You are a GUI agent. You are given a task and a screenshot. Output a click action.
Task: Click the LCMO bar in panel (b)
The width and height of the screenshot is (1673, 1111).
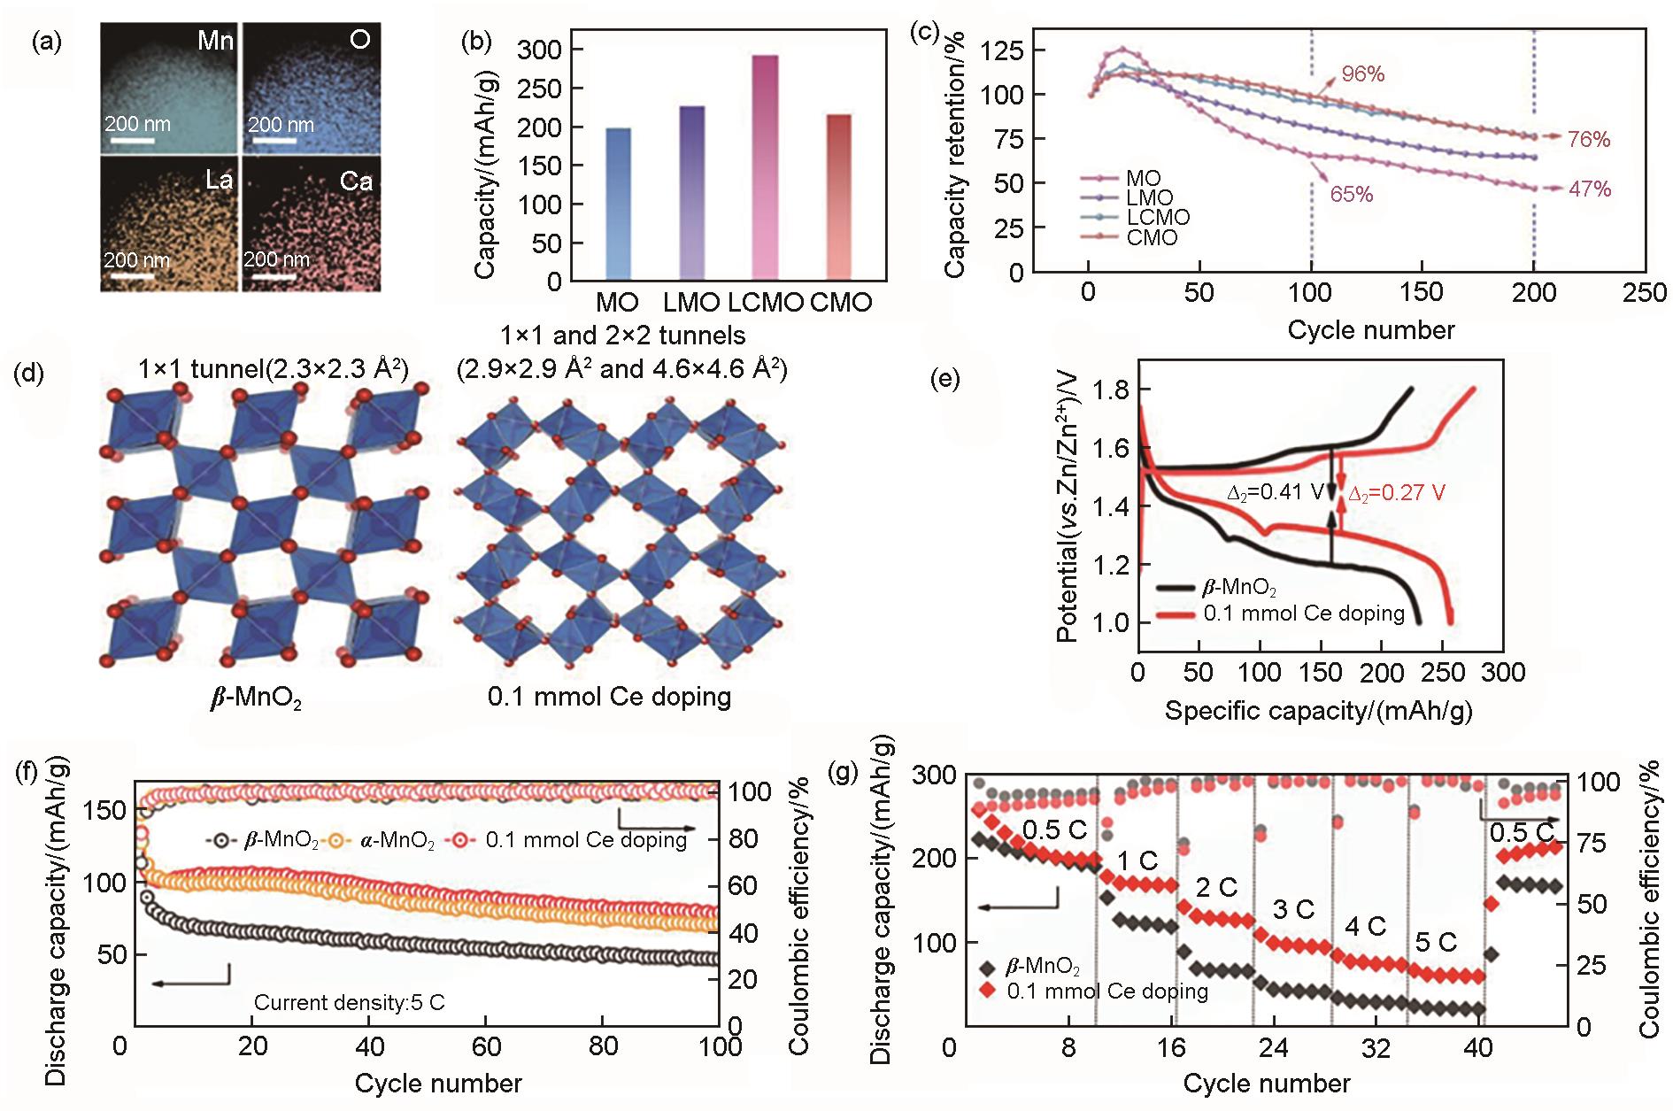[x=765, y=168]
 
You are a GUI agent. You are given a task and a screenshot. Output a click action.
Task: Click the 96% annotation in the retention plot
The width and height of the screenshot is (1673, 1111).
[x=1362, y=74]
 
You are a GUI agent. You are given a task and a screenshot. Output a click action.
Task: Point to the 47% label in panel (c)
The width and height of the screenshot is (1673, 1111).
[x=1590, y=189]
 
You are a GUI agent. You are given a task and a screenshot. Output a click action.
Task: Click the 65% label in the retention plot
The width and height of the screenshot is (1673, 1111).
[x=1351, y=195]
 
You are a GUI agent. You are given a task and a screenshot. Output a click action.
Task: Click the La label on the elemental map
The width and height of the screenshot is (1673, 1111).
[x=219, y=181]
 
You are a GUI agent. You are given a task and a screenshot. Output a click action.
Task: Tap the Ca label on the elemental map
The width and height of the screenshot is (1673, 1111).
[x=356, y=182]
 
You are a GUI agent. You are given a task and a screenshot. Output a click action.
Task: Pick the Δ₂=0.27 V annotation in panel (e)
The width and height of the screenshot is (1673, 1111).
[x=1396, y=494]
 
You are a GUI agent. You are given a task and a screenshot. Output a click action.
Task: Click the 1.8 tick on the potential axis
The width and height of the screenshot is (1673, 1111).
[x=1111, y=390]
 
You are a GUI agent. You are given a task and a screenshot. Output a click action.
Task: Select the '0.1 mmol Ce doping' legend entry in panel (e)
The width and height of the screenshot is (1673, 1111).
[x=1303, y=613]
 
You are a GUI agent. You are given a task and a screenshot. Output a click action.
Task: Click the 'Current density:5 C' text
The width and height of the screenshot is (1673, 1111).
[x=349, y=1003]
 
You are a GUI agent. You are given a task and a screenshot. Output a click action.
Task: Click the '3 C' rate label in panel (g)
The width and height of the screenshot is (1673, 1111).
[x=1293, y=910]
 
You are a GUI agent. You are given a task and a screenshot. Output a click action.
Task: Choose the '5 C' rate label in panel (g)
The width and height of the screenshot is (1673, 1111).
[x=1436, y=943]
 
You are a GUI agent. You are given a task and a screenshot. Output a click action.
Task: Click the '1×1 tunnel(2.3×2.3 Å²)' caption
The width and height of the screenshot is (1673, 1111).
[x=273, y=368]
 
